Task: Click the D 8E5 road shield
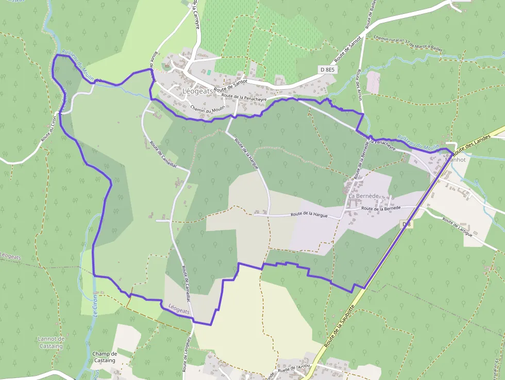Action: point(327,69)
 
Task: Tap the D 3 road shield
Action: point(407,224)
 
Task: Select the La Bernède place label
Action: point(364,196)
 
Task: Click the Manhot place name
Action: point(455,159)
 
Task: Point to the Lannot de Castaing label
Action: point(51,342)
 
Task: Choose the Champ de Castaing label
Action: point(105,357)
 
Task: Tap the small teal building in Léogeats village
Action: point(209,72)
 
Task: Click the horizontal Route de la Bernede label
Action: point(381,208)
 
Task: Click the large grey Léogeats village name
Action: point(196,91)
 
